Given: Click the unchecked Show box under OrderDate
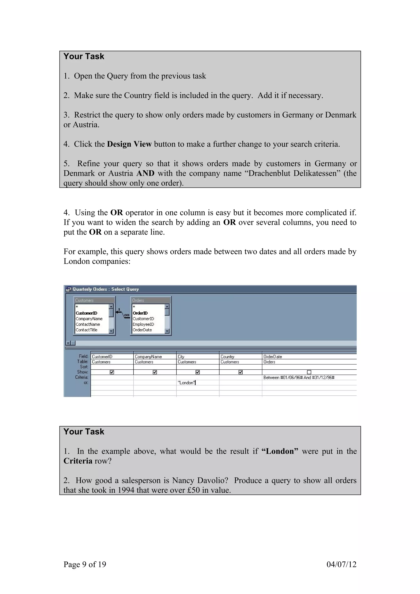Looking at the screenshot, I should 309,372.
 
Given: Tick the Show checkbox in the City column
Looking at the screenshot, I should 198,372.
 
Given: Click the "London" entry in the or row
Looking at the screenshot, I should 186,383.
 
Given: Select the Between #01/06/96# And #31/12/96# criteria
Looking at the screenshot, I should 299,378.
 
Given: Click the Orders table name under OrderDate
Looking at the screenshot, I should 269,362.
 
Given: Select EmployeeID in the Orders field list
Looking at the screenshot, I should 143,324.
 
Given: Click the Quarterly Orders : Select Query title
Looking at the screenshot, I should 106,289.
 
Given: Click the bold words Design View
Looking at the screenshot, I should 129,144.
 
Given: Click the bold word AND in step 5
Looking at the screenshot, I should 145,173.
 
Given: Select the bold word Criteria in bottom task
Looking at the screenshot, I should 78,461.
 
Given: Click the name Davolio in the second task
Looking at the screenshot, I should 212,480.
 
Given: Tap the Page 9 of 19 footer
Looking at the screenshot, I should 85,564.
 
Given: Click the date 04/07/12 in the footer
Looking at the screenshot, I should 341,564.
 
